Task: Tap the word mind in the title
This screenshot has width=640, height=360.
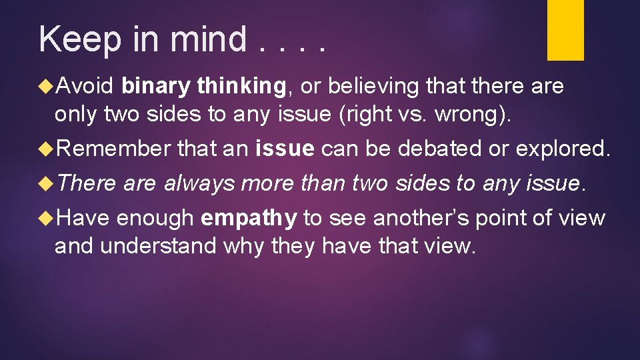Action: point(209,39)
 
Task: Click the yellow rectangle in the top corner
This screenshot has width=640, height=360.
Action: point(565,29)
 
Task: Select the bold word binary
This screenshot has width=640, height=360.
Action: point(156,86)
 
